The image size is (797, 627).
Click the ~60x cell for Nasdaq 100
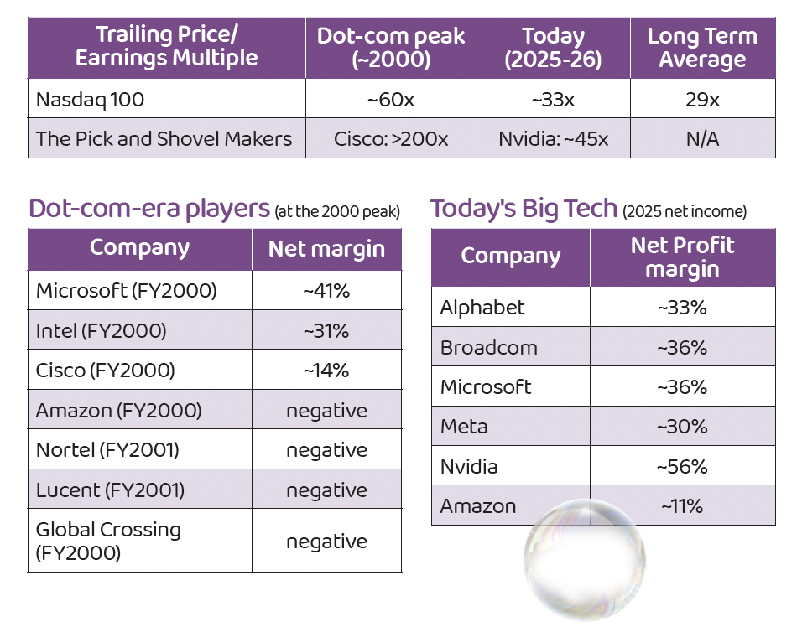(x=391, y=100)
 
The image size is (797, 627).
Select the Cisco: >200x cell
(x=391, y=138)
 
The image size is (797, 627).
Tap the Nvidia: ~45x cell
(x=553, y=138)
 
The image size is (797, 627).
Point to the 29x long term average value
(x=702, y=100)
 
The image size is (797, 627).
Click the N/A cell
(x=702, y=138)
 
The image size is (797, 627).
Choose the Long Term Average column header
(x=702, y=48)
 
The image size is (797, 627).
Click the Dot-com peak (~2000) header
(x=391, y=48)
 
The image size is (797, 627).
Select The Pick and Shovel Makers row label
(x=164, y=138)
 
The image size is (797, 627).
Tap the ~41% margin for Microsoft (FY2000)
(x=326, y=291)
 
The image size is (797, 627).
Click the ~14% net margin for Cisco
(x=326, y=370)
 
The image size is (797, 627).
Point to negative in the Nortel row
(x=327, y=450)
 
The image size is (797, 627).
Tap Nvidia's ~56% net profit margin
(x=682, y=467)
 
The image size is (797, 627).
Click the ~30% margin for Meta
(x=682, y=427)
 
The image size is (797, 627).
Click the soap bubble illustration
(x=585, y=560)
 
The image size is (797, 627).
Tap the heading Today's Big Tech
(x=524, y=210)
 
